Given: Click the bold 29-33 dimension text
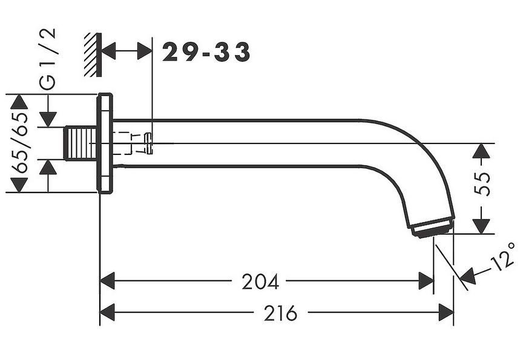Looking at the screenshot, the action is pos(206,52).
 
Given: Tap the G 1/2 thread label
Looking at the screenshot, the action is pos(47,59).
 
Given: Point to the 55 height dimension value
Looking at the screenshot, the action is pos(482,184).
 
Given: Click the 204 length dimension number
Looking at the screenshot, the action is pos(260,281).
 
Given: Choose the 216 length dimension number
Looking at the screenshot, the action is pos(281,313).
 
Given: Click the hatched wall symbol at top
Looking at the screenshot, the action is pos(93,54).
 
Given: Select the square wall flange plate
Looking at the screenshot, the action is pos(105,143).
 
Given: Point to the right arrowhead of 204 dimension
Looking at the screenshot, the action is pos(426,281).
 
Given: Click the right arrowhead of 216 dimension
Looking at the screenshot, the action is pos(446,312).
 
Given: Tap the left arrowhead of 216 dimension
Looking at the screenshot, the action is pos(107,312).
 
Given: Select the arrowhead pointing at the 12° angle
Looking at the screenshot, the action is pos(467,276).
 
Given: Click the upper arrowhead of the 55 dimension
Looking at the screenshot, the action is pos(481,151).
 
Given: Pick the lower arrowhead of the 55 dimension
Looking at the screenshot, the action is pos(481,226).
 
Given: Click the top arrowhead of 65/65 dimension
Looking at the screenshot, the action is pos(19,102).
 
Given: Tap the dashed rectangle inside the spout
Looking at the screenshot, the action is pos(122,143).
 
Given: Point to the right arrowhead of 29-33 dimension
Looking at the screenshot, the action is pos(145,51).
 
